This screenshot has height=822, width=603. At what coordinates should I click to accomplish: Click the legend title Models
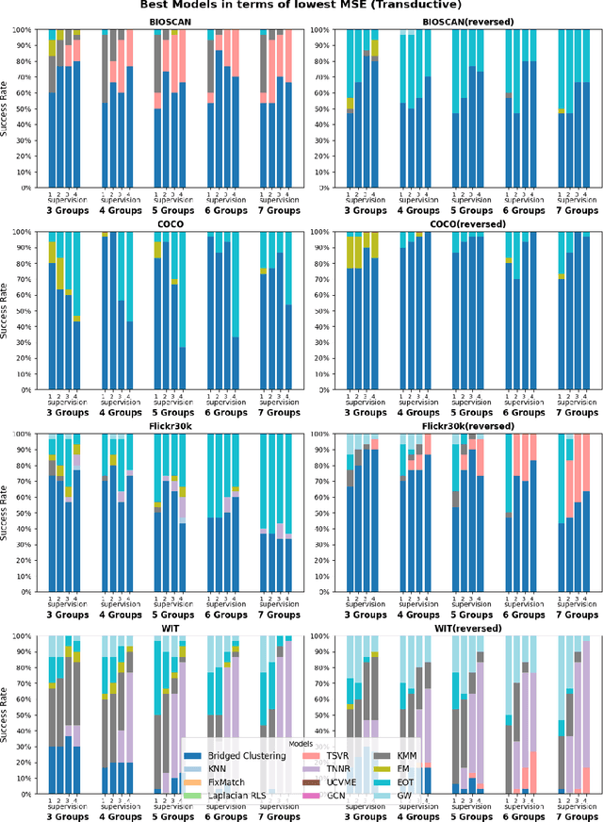[300, 744]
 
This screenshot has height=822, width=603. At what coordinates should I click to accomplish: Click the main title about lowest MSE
[302, 6]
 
